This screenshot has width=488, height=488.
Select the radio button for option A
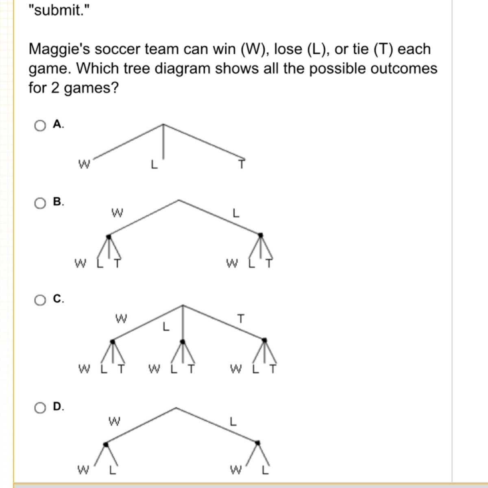[40, 126]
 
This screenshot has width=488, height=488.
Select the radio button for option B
[40, 203]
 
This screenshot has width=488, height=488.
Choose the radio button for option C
[40, 300]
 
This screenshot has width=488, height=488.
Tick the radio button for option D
[40, 408]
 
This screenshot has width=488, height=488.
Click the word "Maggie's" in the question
[59, 50]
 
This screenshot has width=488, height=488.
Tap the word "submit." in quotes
[59, 11]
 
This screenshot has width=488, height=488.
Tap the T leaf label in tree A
[242, 164]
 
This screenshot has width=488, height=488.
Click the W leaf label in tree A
[84, 164]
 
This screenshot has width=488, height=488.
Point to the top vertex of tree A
[163, 124]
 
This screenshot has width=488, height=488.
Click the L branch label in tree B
[236, 213]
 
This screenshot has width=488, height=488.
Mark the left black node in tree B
[109, 237]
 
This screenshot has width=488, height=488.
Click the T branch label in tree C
[241, 318]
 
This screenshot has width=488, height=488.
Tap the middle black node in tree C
[183, 342]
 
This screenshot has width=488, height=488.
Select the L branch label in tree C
[166, 327]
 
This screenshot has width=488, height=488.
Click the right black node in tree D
[257, 443]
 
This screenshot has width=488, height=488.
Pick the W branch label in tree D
[114, 421]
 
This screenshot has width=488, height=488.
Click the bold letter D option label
[57, 406]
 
